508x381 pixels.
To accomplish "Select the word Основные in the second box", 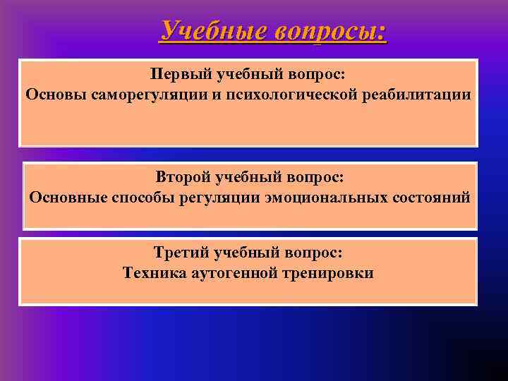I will pos(68,197).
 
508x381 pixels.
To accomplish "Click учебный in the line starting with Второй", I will pos(248,178).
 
